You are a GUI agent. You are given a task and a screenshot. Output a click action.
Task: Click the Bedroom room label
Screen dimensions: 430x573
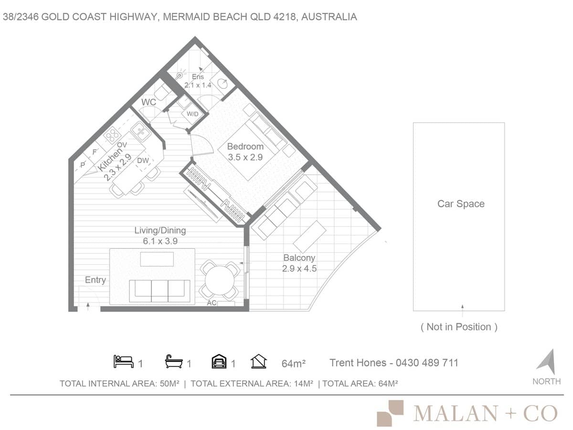click(x=245, y=146)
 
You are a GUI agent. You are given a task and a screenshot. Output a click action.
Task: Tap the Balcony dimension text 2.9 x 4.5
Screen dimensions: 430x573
click(x=299, y=269)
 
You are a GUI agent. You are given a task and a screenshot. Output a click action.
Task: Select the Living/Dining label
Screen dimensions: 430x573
click(x=160, y=230)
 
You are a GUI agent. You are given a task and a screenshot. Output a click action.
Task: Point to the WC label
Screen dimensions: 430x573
click(x=149, y=102)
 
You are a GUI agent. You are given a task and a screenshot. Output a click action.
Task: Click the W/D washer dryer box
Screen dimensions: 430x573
click(x=193, y=114)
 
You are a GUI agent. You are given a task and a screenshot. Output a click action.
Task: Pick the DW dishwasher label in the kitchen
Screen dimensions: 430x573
click(x=143, y=161)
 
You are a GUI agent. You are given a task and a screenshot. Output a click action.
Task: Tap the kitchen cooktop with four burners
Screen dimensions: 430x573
click(x=112, y=135)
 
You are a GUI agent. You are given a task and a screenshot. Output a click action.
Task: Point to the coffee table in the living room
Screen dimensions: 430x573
click(x=157, y=259)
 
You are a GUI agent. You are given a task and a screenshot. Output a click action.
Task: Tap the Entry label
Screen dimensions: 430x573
click(x=95, y=280)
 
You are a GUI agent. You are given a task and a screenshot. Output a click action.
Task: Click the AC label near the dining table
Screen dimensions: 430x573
click(x=212, y=303)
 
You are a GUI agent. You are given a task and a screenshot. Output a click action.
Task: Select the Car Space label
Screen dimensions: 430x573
click(x=461, y=204)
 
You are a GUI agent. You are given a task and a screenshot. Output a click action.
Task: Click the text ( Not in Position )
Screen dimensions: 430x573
click(x=459, y=327)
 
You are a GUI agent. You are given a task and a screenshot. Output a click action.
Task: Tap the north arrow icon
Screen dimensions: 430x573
click(x=546, y=362)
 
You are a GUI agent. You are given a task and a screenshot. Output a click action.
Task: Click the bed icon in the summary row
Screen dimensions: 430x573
click(x=123, y=362)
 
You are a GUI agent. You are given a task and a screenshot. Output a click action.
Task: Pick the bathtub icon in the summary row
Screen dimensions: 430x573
click(x=174, y=362)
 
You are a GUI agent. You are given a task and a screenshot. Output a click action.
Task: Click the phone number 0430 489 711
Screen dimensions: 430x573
click(x=426, y=363)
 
